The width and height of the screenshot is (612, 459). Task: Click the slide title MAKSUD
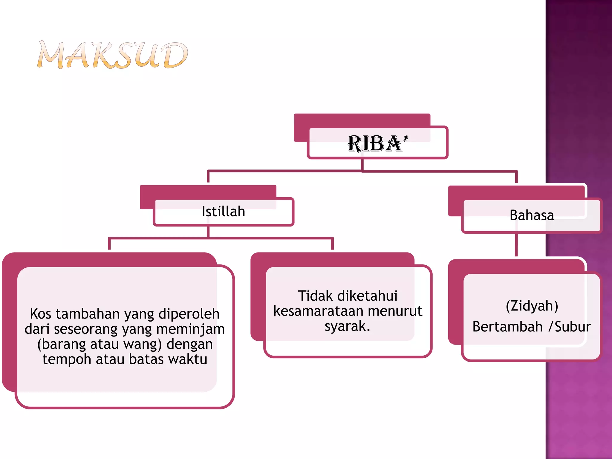tap(113, 55)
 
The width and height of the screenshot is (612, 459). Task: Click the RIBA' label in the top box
tap(377, 144)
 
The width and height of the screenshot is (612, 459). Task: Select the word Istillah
tap(223, 212)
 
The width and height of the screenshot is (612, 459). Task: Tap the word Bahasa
tap(532, 215)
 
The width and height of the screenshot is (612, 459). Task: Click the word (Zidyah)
tap(532, 306)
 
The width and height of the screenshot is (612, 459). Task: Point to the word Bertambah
tap(507, 327)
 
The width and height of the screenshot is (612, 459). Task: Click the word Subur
tap(573, 327)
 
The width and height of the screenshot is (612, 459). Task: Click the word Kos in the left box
tap(40, 314)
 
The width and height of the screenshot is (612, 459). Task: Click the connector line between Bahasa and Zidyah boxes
tap(516, 245)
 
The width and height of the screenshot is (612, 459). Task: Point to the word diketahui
tap(370, 296)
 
